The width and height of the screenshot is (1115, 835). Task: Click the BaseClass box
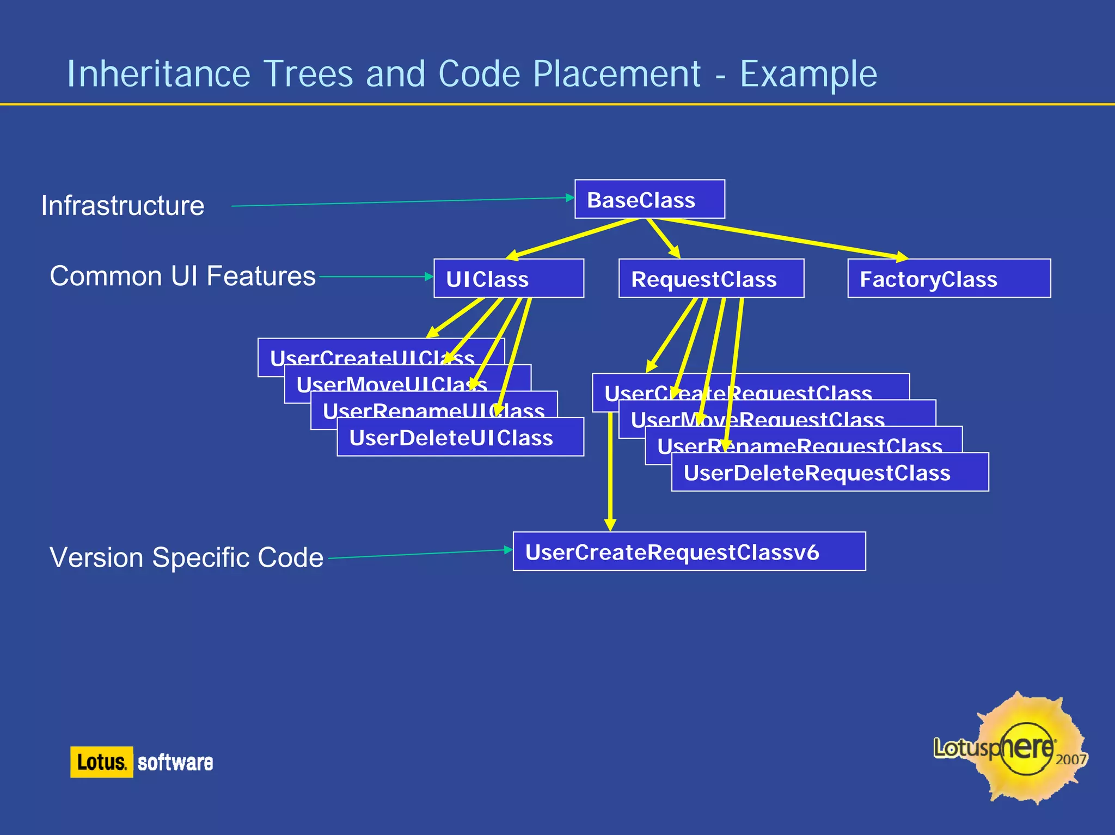click(649, 199)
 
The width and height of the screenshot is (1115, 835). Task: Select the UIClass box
click(509, 278)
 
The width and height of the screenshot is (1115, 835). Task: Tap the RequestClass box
click(711, 278)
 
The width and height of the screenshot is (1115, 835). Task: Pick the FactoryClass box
click(948, 278)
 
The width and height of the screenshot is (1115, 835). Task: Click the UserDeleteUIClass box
click(460, 438)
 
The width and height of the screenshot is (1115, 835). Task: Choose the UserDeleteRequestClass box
click(829, 472)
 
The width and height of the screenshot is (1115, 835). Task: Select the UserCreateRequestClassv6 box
click(689, 551)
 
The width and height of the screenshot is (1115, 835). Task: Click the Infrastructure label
click(122, 206)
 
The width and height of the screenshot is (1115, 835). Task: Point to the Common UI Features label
click(182, 276)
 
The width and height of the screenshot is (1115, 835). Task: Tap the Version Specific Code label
click(186, 557)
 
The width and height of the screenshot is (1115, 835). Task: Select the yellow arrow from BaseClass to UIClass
click(572, 238)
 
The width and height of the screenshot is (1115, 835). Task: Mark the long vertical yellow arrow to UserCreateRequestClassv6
click(610, 474)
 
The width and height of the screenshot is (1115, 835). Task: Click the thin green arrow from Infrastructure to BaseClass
click(403, 202)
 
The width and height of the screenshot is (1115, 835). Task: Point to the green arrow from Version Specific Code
click(419, 554)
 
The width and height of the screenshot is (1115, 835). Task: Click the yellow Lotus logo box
click(101, 762)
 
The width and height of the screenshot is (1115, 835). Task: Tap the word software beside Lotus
click(175, 762)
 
